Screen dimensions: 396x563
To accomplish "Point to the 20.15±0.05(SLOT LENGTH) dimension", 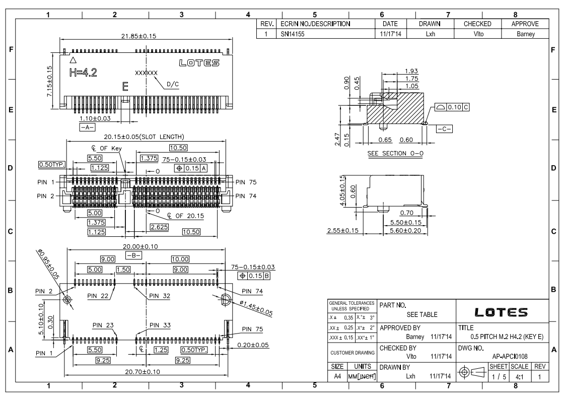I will coord(145,137).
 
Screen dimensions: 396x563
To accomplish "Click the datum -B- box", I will coord(134,255).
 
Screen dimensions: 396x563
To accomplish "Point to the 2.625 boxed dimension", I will coord(159,227).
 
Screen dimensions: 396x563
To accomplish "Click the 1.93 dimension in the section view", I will coord(411,71).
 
